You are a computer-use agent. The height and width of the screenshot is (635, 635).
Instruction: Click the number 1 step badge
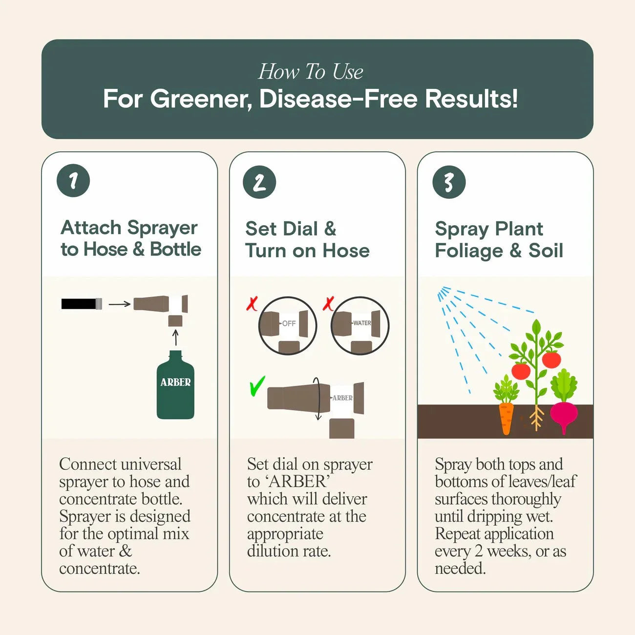click(73, 181)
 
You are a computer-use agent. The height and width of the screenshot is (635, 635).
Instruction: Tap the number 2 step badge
click(259, 182)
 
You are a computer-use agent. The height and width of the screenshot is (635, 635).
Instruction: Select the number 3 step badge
click(448, 182)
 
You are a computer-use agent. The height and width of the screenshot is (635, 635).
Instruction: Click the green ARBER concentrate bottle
click(175, 386)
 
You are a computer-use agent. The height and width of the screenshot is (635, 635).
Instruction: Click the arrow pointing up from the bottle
click(176, 338)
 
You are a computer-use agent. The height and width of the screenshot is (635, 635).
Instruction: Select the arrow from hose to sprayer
click(119, 304)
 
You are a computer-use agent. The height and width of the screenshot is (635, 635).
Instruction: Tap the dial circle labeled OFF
click(288, 325)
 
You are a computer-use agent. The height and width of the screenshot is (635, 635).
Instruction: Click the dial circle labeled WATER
click(360, 325)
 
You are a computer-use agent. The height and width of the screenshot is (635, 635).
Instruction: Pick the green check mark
click(257, 386)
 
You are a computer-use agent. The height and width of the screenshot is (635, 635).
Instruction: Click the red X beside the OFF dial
click(252, 304)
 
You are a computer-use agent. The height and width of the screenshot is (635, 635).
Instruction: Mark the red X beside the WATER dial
click(328, 304)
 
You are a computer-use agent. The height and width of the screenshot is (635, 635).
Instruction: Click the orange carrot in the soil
click(506, 418)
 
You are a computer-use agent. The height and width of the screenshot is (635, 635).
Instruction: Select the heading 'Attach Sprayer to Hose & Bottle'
click(130, 238)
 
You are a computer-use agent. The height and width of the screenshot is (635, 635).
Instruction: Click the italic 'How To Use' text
click(311, 72)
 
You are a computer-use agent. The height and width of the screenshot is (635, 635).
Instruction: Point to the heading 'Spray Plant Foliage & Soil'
click(499, 239)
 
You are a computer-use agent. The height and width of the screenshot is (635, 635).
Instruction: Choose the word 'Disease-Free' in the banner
click(338, 99)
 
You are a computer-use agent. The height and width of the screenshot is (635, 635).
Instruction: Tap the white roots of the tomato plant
click(536, 418)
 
